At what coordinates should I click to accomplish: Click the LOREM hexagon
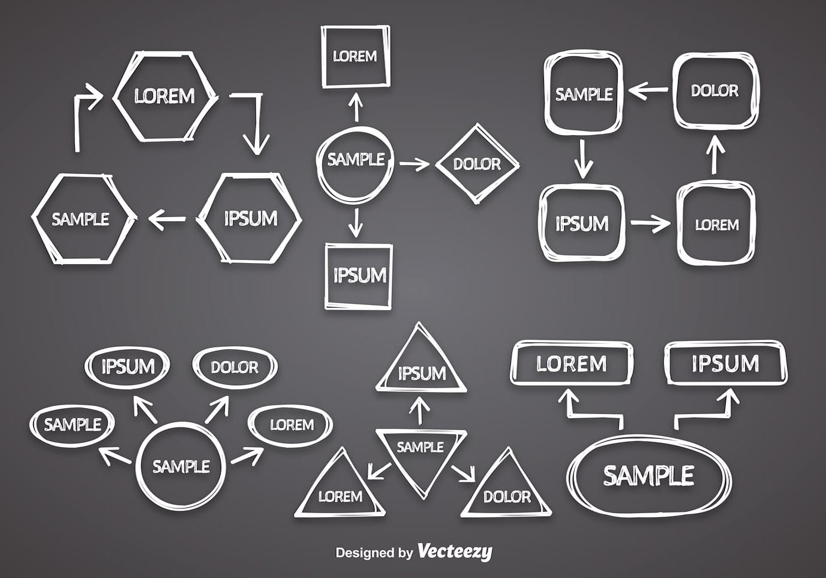click(165, 97)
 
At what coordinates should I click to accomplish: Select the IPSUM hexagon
click(250, 219)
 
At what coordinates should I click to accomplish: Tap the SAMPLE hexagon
click(81, 219)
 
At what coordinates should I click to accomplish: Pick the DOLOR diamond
click(477, 164)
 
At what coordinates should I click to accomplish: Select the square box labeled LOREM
click(355, 57)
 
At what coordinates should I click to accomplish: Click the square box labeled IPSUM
click(359, 275)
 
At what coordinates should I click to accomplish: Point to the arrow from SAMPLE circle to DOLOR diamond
click(415, 164)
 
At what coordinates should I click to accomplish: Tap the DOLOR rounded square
click(715, 91)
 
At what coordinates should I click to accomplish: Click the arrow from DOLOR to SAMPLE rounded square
click(647, 91)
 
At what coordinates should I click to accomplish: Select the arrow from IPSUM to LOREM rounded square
click(650, 223)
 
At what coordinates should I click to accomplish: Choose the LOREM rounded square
click(716, 225)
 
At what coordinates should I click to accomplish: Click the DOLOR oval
click(234, 367)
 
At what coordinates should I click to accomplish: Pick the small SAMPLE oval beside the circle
click(72, 424)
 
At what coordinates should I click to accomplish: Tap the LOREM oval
click(291, 425)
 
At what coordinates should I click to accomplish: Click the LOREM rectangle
click(571, 364)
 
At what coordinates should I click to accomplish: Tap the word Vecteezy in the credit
click(454, 552)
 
